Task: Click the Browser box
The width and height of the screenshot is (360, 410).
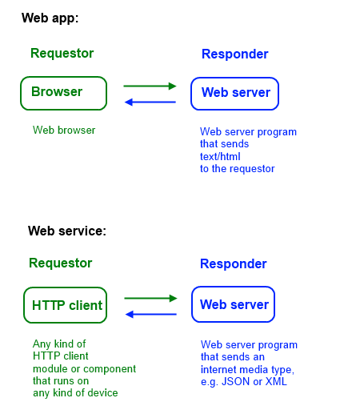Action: click(63, 92)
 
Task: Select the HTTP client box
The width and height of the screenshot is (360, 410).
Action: click(66, 305)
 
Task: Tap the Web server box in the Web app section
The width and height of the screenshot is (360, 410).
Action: click(234, 93)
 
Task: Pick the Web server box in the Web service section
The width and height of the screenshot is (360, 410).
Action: click(234, 305)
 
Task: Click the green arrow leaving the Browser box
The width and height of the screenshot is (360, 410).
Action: click(150, 86)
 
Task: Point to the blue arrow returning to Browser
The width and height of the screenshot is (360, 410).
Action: click(150, 102)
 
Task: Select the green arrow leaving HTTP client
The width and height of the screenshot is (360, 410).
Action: click(150, 298)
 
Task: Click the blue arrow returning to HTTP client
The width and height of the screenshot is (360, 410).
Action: click(150, 314)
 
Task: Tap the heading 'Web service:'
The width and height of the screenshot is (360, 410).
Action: click(67, 231)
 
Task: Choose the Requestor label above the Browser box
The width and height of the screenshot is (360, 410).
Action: click(62, 54)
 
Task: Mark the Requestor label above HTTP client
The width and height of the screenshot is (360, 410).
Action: click(60, 263)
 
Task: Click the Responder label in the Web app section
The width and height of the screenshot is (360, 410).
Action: click(234, 54)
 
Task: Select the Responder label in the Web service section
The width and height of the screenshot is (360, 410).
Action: click(233, 263)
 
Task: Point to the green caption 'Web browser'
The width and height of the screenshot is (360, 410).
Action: click(64, 130)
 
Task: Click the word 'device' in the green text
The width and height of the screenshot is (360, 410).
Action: click(102, 392)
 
